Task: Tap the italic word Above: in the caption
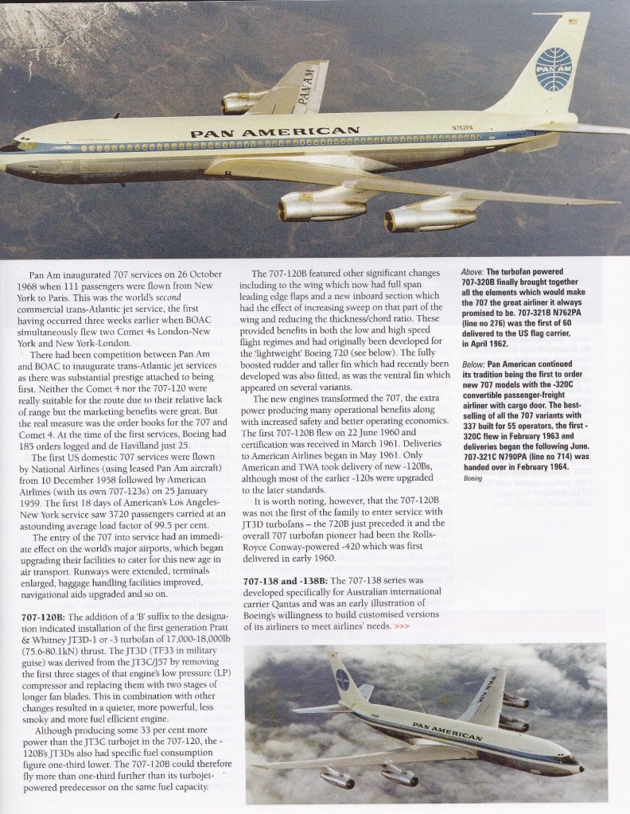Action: (x=474, y=271)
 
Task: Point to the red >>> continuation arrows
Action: (x=401, y=626)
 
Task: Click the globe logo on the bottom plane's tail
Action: (x=343, y=680)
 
